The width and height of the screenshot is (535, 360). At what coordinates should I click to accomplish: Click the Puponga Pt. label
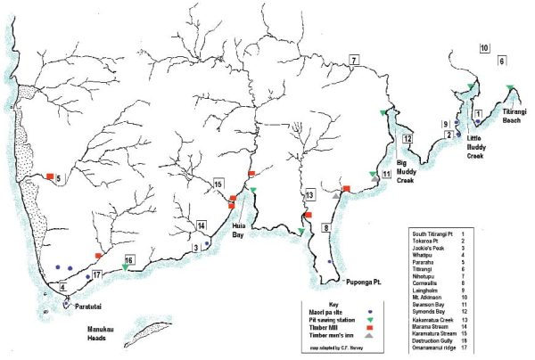[365, 280]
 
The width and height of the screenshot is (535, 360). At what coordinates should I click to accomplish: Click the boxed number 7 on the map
[354, 61]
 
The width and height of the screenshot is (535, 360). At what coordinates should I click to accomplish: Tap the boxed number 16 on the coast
[129, 260]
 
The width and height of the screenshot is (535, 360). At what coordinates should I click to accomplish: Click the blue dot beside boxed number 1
[478, 122]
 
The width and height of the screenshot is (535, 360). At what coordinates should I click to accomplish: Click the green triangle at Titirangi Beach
[509, 87]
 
